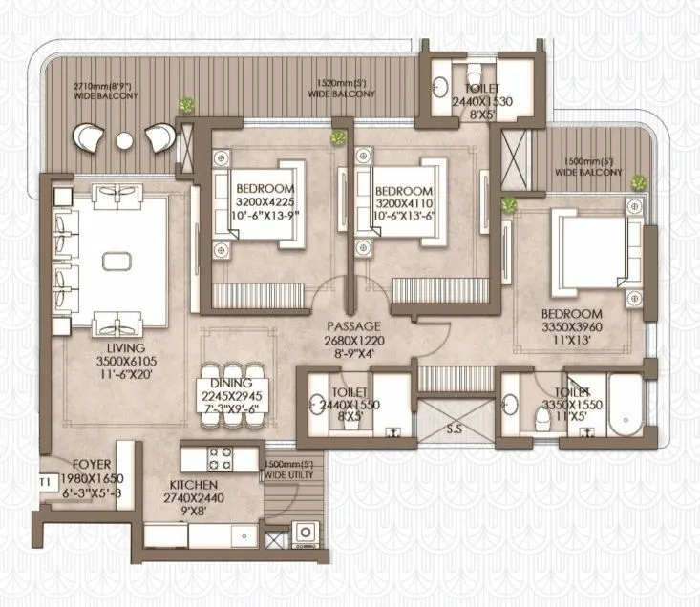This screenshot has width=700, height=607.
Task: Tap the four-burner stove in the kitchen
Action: [221, 453]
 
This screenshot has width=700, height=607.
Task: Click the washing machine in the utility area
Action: [307, 533]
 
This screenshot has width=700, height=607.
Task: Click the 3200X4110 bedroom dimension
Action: [404, 202]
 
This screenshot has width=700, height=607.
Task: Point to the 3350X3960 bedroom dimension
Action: [573, 327]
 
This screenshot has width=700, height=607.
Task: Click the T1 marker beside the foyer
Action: [44, 482]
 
